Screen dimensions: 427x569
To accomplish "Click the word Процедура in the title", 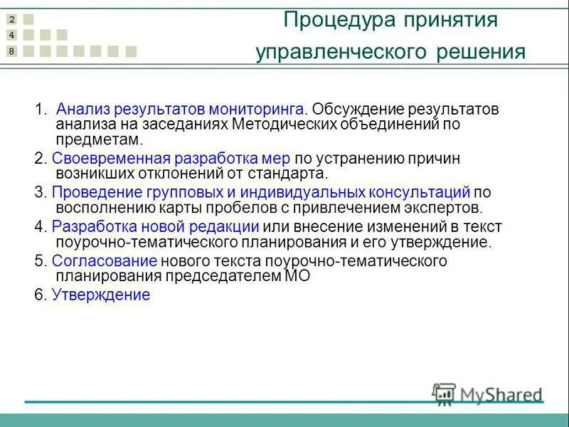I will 329,19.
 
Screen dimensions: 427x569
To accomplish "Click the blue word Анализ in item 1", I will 81,110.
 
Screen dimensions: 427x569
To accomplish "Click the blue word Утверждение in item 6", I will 101,295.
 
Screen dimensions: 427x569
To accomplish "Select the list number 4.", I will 38,227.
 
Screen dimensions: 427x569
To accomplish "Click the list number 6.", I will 38,295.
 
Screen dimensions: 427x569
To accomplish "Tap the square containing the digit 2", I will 11,20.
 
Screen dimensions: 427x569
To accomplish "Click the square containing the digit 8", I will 11,51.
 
